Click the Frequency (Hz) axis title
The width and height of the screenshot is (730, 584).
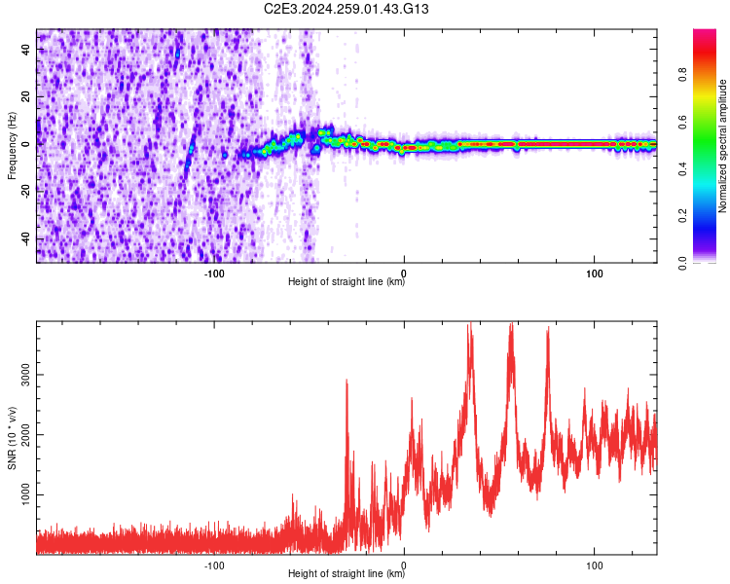(x=12, y=145)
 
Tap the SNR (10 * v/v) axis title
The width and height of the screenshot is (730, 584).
(x=12, y=438)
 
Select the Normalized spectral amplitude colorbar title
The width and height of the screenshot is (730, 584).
(x=723, y=146)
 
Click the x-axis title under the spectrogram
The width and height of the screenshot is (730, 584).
(x=347, y=282)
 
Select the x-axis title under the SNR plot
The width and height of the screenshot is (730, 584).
(x=347, y=574)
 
